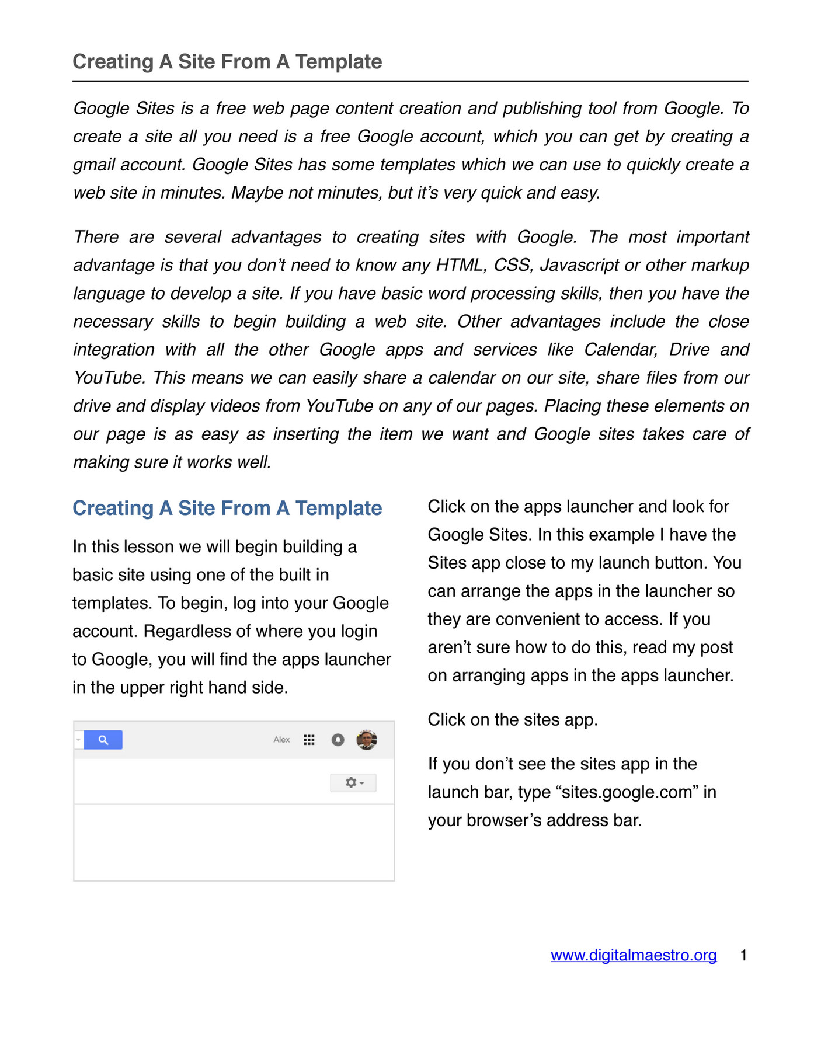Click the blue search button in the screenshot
click(x=103, y=740)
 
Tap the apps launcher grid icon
click(x=309, y=740)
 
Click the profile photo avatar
click(x=367, y=740)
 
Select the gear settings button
click(x=353, y=782)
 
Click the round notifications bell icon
click(x=338, y=740)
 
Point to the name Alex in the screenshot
click(x=281, y=740)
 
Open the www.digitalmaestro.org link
click(x=634, y=955)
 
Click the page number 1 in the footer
click(x=743, y=955)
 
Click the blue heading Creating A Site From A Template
click(x=227, y=508)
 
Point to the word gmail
click(x=93, y=165)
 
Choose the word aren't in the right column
click(x=448, y=647)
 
